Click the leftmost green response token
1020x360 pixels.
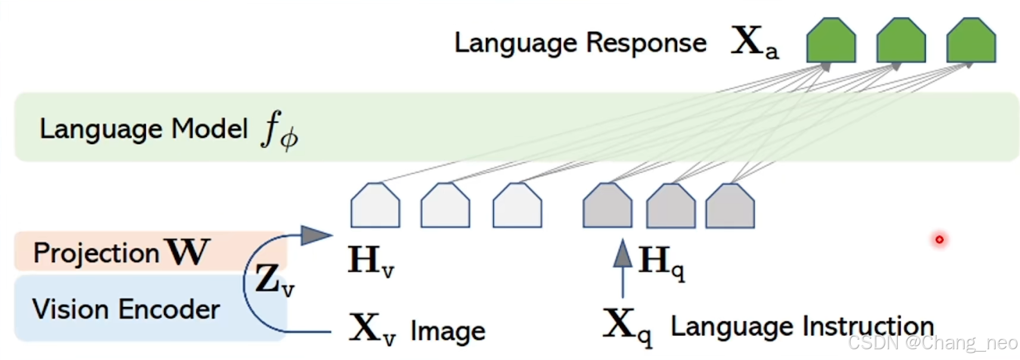click(830, 41)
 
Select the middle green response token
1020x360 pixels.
click(900, 41)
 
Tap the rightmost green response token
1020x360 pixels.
click(971, 41)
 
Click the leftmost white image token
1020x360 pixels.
click(375, 206)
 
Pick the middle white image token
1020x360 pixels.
click(445, 206)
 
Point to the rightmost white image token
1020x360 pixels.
click(517, 206)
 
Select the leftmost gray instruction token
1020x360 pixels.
click(607, 206)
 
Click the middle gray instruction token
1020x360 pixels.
click(671, 206)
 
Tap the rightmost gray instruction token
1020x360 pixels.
click(730, 206)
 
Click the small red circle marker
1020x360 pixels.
click(939, 240)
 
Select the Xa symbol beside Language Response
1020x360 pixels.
click(754, 42)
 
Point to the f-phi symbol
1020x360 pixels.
click(279, 131)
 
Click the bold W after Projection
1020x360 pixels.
click(188, 252)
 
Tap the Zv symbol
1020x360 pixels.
click(274, 280)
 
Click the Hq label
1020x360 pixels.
click(661, 262)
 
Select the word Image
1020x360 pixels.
click(448, 331)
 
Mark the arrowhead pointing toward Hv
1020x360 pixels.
click(315, 235)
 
